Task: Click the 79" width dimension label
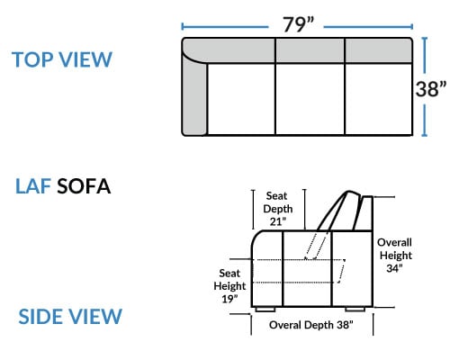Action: coord(298,24)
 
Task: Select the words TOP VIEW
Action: coord(62,59)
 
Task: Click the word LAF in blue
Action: coord(33,186)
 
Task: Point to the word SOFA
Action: coord(84,186)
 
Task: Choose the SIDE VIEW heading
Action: coord(70,316)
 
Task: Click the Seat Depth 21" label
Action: coord(278,209)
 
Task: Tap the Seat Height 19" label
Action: coord(229,286)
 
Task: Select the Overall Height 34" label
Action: coord(394,255)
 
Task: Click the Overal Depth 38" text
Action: coord(311,325)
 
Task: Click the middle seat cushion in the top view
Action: coord(310,99)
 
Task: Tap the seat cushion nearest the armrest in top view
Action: coord(241,99)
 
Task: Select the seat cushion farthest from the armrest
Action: coord(379,99)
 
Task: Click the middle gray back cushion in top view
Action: coord(310,50)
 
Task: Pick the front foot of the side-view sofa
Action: coord(265,310)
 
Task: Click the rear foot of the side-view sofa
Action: coord(355,310)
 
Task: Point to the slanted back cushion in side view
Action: coord(338,211)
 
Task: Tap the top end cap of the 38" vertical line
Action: coord(424,38)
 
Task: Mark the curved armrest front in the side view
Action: coord(254,241)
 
